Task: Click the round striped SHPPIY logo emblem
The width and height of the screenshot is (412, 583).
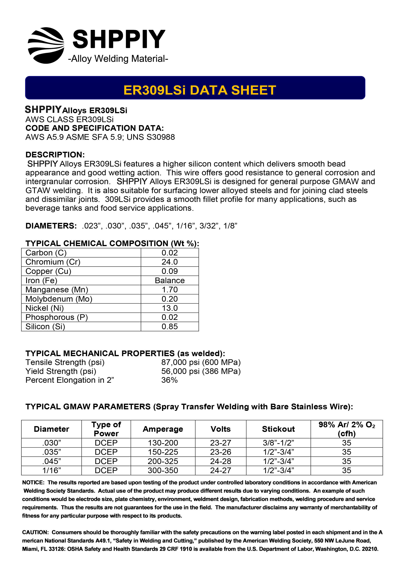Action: (46, 45)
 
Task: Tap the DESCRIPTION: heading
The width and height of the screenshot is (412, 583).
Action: (55, 155)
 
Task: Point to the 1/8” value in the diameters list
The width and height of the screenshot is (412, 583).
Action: (230, 226)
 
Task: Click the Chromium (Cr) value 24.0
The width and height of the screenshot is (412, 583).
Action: (170, 262)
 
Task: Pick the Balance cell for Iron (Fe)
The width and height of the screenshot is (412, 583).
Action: (170, 280)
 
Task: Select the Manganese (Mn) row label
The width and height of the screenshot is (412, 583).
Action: (57, 290)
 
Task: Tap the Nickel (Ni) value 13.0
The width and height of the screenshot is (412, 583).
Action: (170, 308)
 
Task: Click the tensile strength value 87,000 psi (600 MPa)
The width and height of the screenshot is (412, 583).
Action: (201, 362)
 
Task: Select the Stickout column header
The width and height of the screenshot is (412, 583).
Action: (278, 429)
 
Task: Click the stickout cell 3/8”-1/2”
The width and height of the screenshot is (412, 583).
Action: (278, 443)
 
